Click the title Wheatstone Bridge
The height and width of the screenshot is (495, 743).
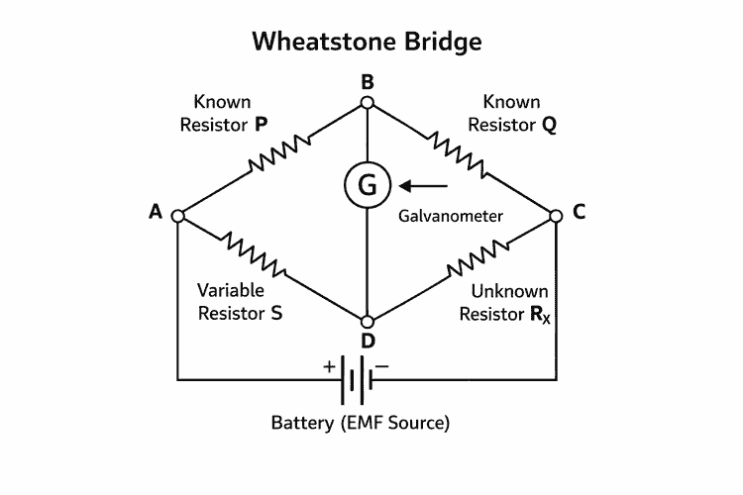coord(367,42)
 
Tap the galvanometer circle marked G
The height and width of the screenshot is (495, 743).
coord(368,184)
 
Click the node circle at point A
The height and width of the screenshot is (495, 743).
coord(178,215)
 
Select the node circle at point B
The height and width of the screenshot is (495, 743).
coord(368,102)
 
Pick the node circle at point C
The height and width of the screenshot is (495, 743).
coord(556,215)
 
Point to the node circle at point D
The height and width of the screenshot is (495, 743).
coord(368,323)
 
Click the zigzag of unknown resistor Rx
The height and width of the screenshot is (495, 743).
coord(480,258)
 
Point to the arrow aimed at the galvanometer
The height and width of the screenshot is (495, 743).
coord(424,184)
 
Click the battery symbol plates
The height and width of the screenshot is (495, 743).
coord(357,380)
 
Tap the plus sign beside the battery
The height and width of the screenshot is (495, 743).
coord(329,365)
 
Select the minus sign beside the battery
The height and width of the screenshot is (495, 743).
coord(383,365)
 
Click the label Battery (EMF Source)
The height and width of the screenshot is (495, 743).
coord(361,423)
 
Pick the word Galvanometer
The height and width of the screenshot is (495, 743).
coord(451,215)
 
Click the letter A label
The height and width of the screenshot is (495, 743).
coord(155,211)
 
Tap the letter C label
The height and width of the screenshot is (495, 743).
coord(580,211)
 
